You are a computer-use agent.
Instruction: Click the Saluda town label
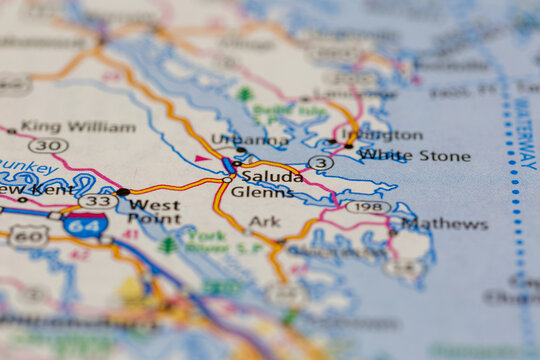(272, 176)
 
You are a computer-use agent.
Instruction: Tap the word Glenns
(262, 192)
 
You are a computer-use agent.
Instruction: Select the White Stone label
(414, 156)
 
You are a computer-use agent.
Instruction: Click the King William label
(78, 127)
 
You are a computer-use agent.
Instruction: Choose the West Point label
(154, 212)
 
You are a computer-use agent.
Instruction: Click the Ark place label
(265, 222)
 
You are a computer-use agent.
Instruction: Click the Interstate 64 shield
(85, 223)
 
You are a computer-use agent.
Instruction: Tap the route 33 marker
(97, 201)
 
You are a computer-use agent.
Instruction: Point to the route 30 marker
(48, 146)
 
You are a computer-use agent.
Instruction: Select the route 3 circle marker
(320, 162)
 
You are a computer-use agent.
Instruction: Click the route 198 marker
(368, 207)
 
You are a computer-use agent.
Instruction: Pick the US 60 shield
(28, 237)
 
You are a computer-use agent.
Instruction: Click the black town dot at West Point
(123, 191)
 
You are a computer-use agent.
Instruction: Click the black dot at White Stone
(349, 147)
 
